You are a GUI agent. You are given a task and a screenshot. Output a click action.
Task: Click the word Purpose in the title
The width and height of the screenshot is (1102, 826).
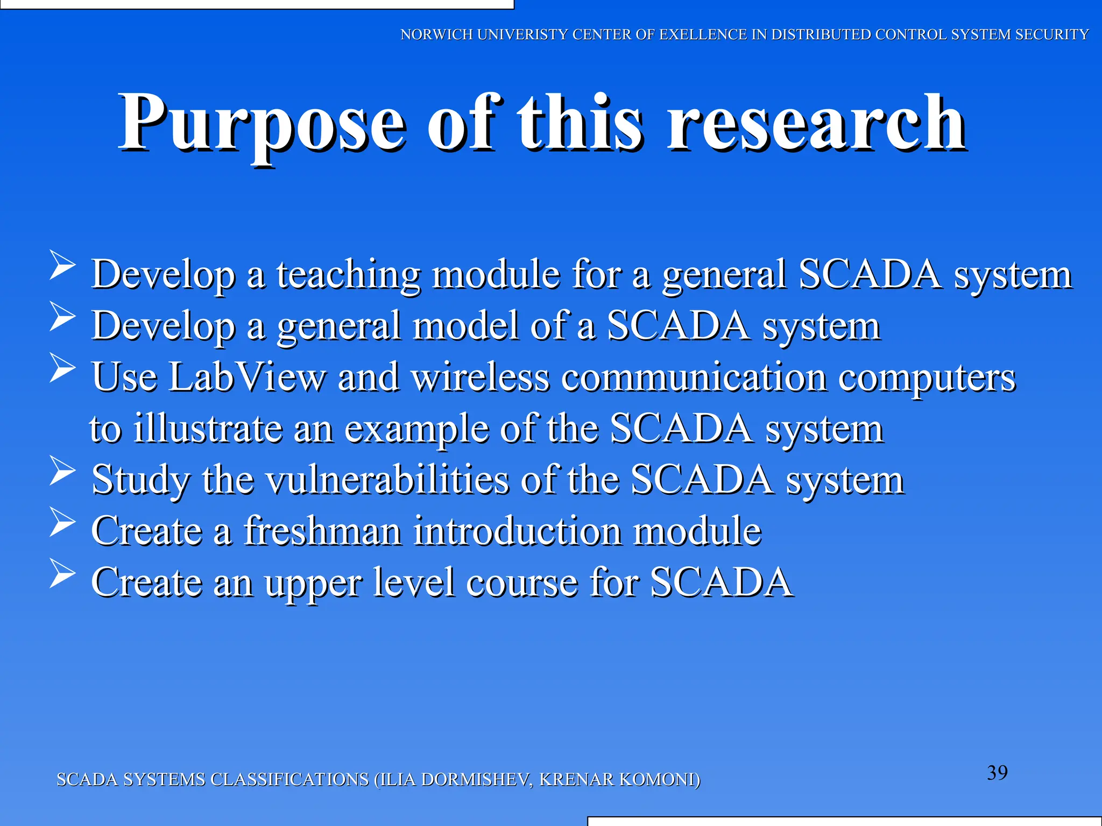click(261, 124)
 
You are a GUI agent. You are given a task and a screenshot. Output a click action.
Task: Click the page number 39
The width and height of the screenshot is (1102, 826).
click(997, 773)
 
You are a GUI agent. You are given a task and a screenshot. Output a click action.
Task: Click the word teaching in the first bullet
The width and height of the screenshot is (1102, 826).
click(348, 275)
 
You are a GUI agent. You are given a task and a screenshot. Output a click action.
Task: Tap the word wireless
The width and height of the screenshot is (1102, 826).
click(481, 377)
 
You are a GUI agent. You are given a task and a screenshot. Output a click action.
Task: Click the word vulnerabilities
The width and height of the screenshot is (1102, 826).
click(387, 480)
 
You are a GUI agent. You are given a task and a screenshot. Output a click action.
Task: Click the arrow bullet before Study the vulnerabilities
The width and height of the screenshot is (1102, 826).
click(62, 470)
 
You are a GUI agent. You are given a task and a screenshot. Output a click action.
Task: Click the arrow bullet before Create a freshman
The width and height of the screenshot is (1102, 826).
click(62, 522)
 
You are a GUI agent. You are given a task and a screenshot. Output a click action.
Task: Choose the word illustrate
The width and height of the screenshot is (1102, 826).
click(208, 429)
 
